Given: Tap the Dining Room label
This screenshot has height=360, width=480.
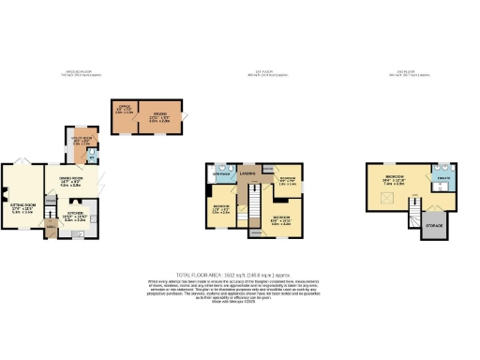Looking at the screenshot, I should (72, 183).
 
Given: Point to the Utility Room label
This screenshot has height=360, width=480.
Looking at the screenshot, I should (82, 143).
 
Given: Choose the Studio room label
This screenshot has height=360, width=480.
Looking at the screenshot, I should (159, 117).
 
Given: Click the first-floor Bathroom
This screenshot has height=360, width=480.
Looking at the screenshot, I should (220, 175).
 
